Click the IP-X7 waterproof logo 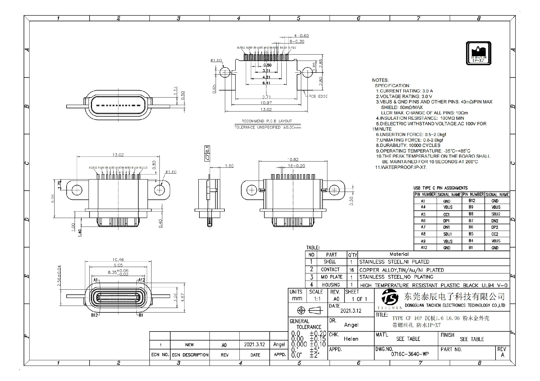pos(478,53)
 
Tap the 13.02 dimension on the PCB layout pos(266,109)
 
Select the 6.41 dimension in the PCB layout pos(266,83)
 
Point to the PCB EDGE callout pos(318,96)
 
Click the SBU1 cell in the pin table pos(447,234)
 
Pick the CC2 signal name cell pos(495,234)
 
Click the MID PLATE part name pos(332,277)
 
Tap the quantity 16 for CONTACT pos(352,270)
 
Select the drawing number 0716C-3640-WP pos(410,354)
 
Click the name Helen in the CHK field pos(351,339)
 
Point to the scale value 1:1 pos(317,299)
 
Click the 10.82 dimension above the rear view pos(292,159)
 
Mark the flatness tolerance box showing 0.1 pos(207,153)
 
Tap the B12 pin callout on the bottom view pos(94,315)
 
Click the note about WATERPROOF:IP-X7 pos(401,167)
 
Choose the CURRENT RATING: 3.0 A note pos(404,91)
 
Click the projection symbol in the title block pos(308,310)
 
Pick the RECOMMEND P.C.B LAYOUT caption pos(267,121)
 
